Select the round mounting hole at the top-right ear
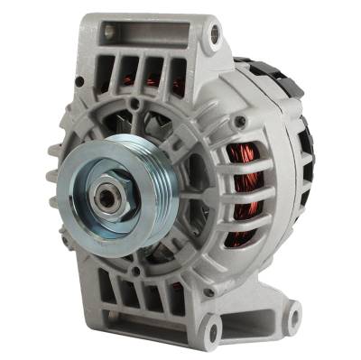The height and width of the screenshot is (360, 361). click(x=215, y=35)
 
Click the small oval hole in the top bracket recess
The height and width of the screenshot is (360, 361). click(x=111, y=32)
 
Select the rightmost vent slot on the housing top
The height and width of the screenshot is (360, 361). click(x=179, y=76)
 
